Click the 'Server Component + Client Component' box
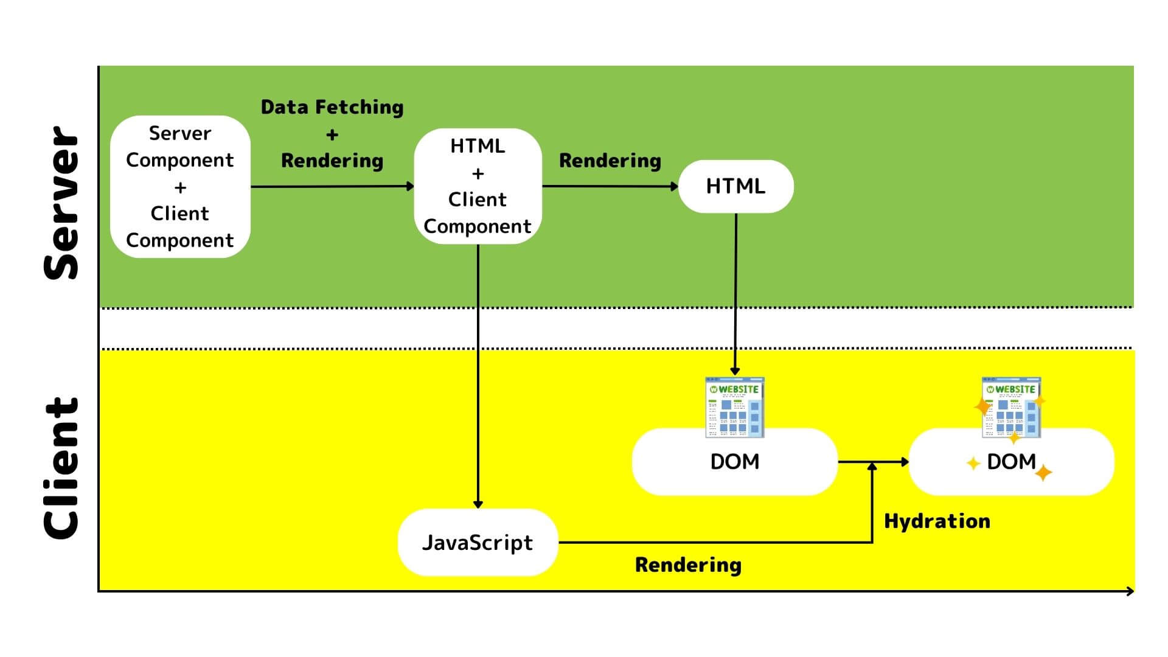[x=180, y=187]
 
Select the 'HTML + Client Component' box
[x=478, y=186]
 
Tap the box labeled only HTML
[x=735, y=186]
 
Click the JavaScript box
[x=478, y=542]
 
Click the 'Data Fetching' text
[x=332, y=107]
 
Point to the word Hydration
[x=937, y=521]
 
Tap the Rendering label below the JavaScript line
[x=688, y=565]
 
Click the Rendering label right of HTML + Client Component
[x=610, y=161]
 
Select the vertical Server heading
[x=62, y=203]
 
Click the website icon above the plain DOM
[x=735, y=407]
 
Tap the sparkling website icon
[x=1011, y=407]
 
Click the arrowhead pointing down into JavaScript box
[x=478, y=504]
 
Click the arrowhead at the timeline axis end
[x=1130, y=591]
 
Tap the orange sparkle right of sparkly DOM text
[x=1044, y=473]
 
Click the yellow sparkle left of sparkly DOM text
[x=973, y=464]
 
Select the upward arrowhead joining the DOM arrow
[x=872, y=466]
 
